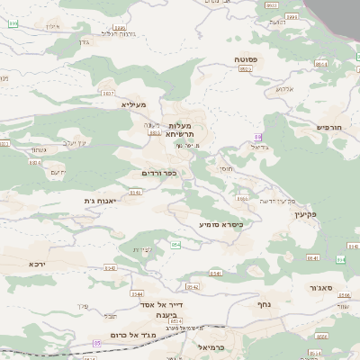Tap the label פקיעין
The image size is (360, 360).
coord(307,215)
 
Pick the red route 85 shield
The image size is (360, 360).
coord(96,343)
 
